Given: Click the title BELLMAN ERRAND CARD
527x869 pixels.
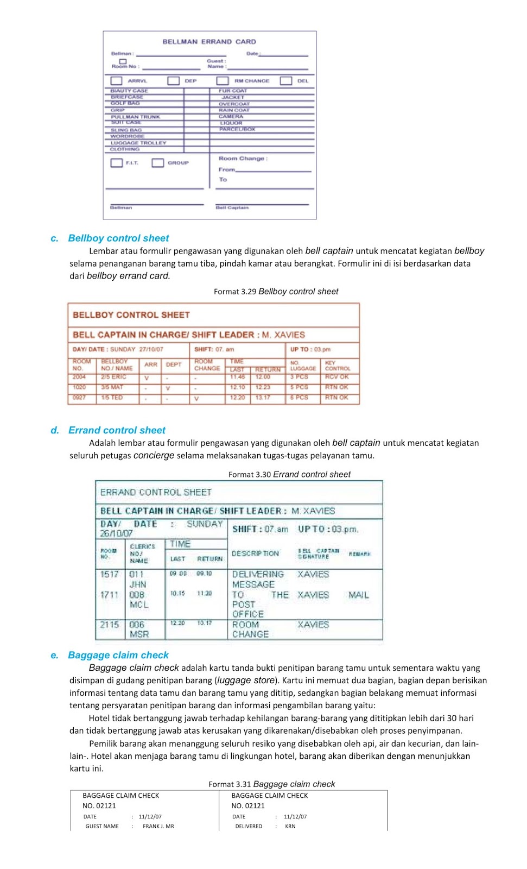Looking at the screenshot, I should [209, 41].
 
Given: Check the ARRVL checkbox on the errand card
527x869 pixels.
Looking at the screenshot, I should [116, 80].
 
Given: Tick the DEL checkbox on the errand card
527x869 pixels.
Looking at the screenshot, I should [286, 80].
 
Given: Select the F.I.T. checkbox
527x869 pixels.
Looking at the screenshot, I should [117, 162].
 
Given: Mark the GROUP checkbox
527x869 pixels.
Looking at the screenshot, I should [157, 162].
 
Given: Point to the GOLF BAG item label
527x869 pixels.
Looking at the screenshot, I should [125, 103].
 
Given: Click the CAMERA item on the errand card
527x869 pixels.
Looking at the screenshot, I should [231, 116].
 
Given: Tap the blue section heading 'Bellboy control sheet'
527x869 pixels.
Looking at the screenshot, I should [118, 238].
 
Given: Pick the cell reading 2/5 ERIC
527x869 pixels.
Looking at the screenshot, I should [113, 376].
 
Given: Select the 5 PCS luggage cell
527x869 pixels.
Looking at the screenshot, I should [299, 387].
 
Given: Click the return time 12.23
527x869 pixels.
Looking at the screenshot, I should [263, 387].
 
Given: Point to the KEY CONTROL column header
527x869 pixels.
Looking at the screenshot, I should [338, 366].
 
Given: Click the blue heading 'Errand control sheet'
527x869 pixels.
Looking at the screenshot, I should [117, 430].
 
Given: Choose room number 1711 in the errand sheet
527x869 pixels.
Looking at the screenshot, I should [109, 595].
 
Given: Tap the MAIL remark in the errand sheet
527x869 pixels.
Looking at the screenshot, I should [359, 595].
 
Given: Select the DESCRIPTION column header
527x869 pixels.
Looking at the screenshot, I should [255, 553].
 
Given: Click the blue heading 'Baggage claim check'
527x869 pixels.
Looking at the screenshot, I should [118, 655].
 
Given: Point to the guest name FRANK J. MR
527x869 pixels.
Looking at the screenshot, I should [158, 826].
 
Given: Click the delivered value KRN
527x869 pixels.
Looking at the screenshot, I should [290, 826].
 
